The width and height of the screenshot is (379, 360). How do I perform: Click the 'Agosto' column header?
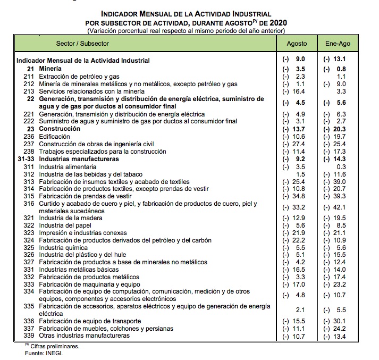coord(296,43)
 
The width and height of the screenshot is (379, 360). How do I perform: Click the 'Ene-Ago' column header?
coord(338,43)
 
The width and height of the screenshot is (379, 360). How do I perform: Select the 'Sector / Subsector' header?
coord(82,43)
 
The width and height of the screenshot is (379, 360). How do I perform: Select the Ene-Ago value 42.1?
coord(339,207)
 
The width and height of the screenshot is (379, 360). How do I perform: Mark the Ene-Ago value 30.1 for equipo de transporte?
coord(339,321)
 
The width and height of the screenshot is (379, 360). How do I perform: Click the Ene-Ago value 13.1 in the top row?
coord(339,60)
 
